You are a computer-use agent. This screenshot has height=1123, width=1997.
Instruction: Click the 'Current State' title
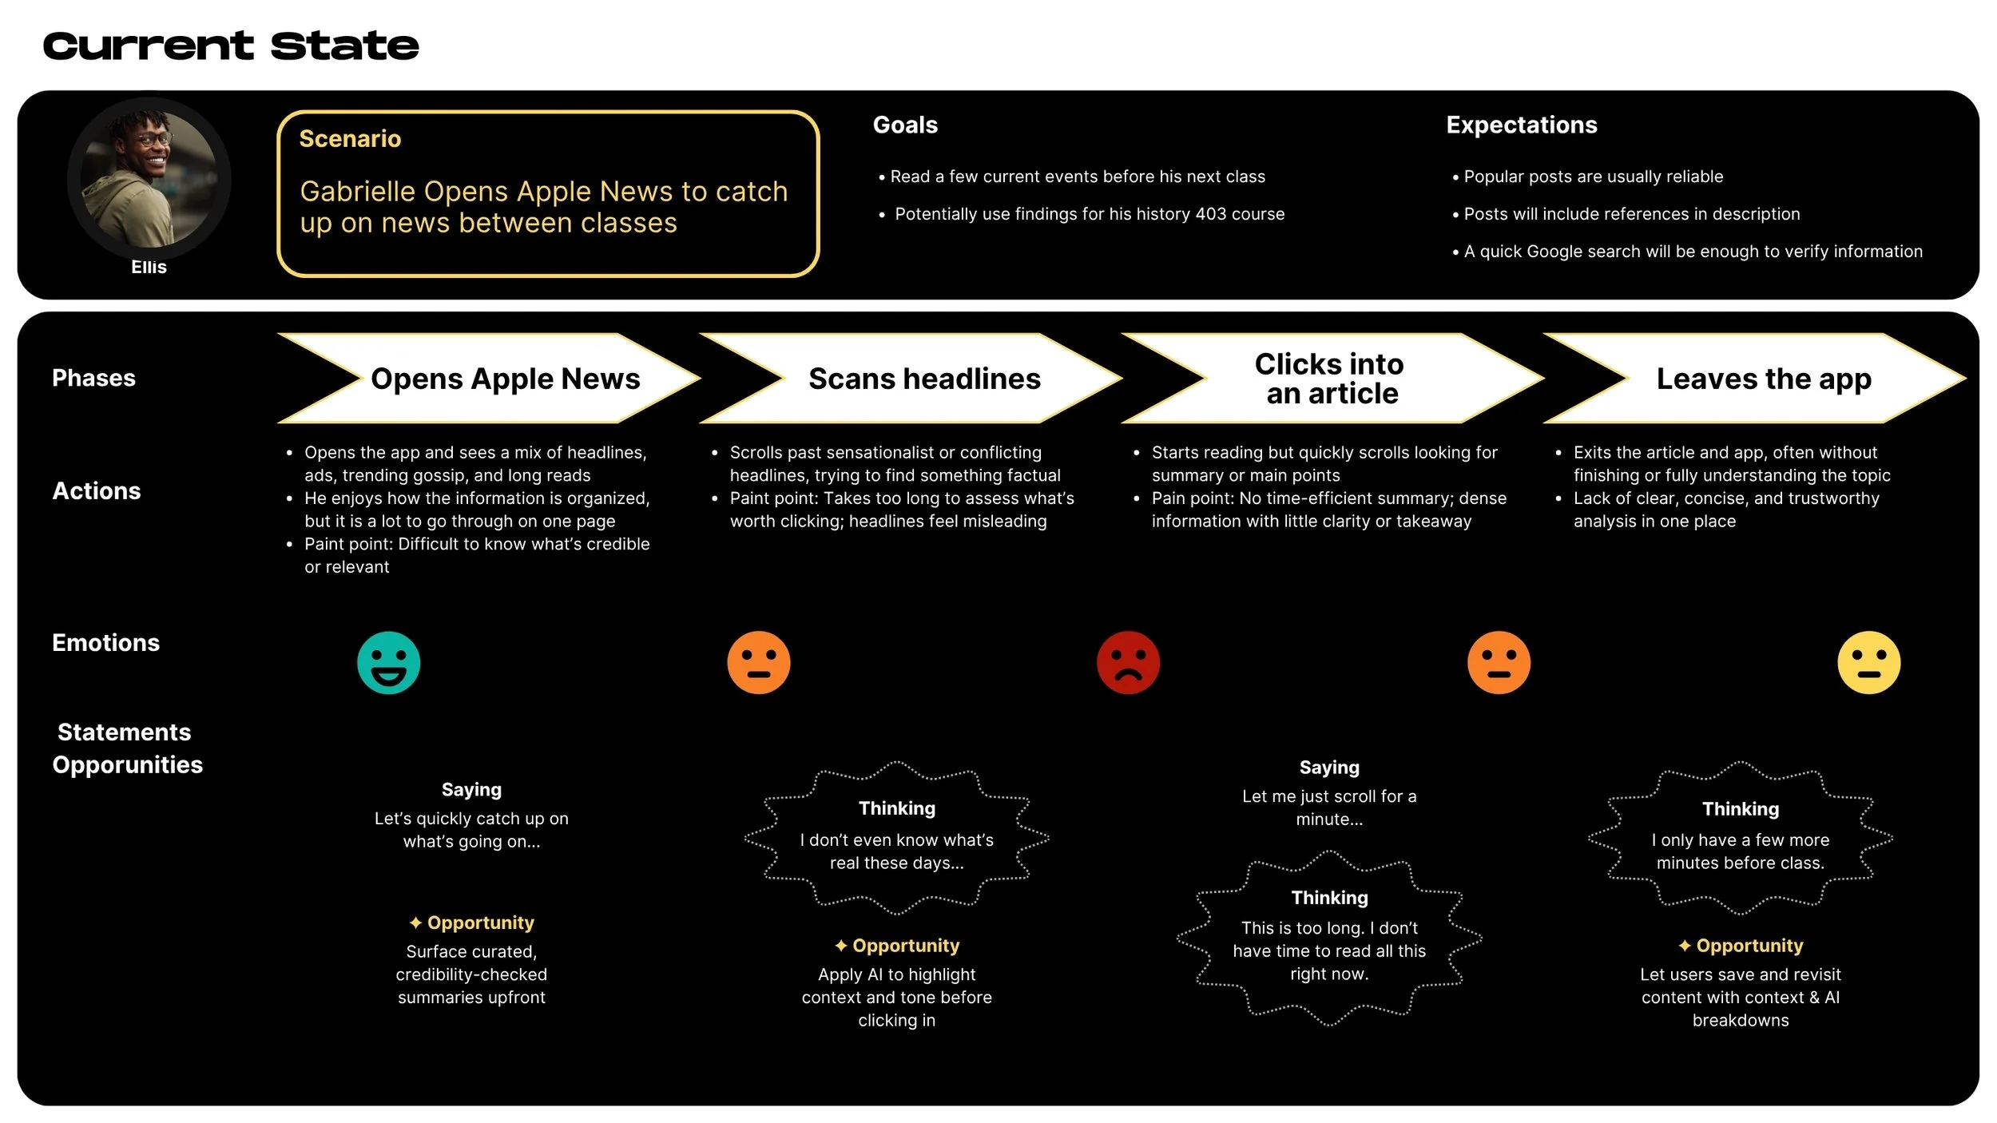click(231, 46)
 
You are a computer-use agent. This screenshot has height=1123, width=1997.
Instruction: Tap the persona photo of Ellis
click(149, 178)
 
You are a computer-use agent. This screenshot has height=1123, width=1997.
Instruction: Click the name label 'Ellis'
click(149, 268)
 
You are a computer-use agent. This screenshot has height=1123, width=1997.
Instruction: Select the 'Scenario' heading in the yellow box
click(350, 139)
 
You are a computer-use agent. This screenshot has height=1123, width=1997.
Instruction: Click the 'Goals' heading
click(905, 125)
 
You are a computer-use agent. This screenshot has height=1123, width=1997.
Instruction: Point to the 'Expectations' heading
click(1521, 125)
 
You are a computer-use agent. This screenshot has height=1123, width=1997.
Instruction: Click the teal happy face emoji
click(389, 663)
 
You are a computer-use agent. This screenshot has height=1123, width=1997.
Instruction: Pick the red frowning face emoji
click(1128, 663)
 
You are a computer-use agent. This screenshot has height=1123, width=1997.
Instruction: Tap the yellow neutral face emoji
click(1868, 663)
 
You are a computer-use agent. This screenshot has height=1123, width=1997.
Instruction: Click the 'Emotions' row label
click(105, 643)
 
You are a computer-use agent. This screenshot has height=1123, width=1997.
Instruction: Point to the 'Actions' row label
click(97, 491)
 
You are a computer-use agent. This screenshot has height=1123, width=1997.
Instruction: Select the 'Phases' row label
click(93, 378)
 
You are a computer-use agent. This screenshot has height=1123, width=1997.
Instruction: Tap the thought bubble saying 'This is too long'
click(1329, 938)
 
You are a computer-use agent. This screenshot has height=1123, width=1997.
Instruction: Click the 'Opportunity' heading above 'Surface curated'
click(480, 923)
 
